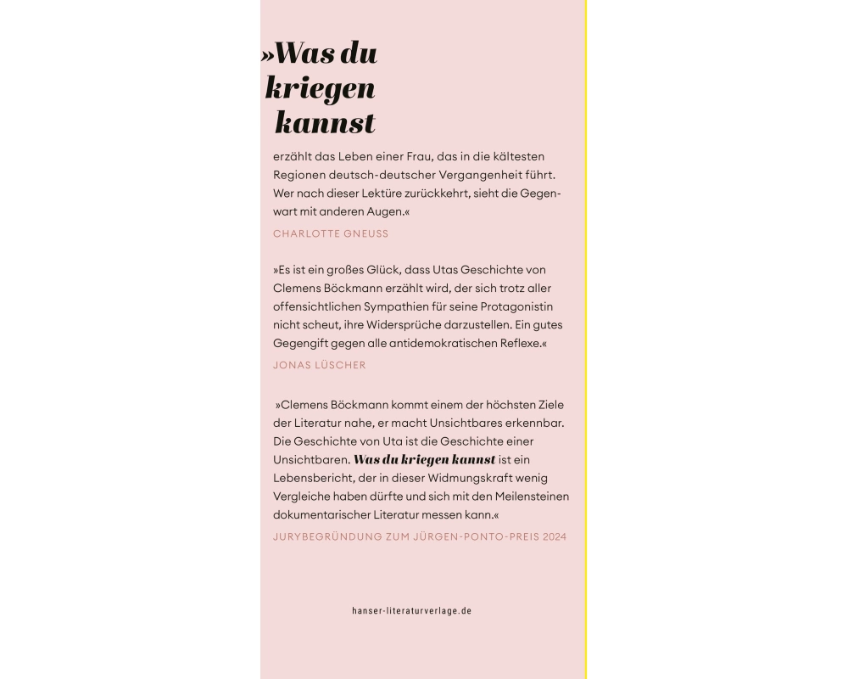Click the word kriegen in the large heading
click(x=320, y=88)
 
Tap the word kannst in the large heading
click(x=325, y=124)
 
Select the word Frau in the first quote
click(x=421, y=157)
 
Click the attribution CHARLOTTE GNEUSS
click(x=331, y=233)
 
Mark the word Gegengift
click(x=301, y=344)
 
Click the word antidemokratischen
click(x=437, y=344)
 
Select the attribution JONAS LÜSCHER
click(x=320, y=366)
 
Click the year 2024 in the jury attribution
click(x=554, y=537)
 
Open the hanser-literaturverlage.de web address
click(x=411, y=611)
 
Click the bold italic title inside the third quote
click(x=424, y=460)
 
